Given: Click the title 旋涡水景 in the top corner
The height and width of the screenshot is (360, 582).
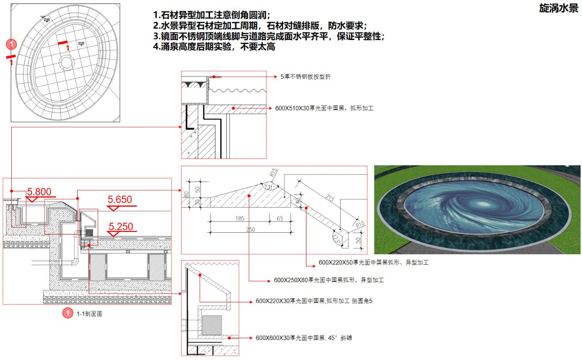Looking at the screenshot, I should click(x=558, y=9).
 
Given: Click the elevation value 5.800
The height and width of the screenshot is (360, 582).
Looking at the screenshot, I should click(x=39, y=192).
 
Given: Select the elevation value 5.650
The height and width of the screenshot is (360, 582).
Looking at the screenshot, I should click(x=120, y=200).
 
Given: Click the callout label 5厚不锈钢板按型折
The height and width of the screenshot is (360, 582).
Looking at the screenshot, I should click(x=306, y=77).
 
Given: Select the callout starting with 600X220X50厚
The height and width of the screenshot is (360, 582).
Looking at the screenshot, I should click(x=373, y=263).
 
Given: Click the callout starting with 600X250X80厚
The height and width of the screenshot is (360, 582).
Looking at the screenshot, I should click(x=329, y=280).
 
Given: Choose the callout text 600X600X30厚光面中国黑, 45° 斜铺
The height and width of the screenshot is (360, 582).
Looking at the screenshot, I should click(x=304, y=338).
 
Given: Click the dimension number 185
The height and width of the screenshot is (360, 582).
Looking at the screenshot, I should click(x=240, y=219).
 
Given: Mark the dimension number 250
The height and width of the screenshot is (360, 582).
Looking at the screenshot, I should click(x=251, y=230).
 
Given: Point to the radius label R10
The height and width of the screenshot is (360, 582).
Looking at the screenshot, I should click(x=361, y=224).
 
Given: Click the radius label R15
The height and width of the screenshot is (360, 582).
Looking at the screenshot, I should click(x=273, y=173).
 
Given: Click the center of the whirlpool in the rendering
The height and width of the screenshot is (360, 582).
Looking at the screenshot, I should click(x=473, y=204).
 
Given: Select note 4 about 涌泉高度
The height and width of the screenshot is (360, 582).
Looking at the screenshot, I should click(x=214, y=47).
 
